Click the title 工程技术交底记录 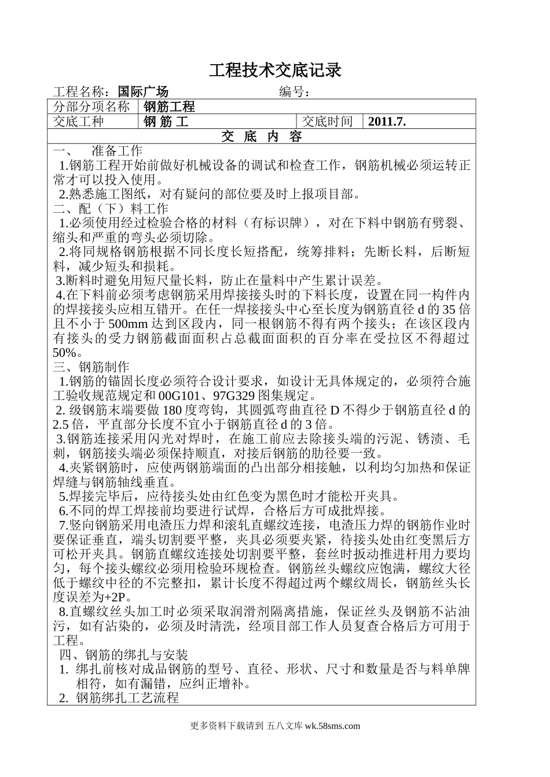275,71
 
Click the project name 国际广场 142,91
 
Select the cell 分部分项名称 92,106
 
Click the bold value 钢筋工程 169,106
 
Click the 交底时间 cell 328,121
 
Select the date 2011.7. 387,121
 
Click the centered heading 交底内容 262,137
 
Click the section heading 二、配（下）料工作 111,209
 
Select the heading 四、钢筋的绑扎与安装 124,655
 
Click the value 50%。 64,353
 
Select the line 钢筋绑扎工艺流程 127,698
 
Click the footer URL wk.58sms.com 332,727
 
